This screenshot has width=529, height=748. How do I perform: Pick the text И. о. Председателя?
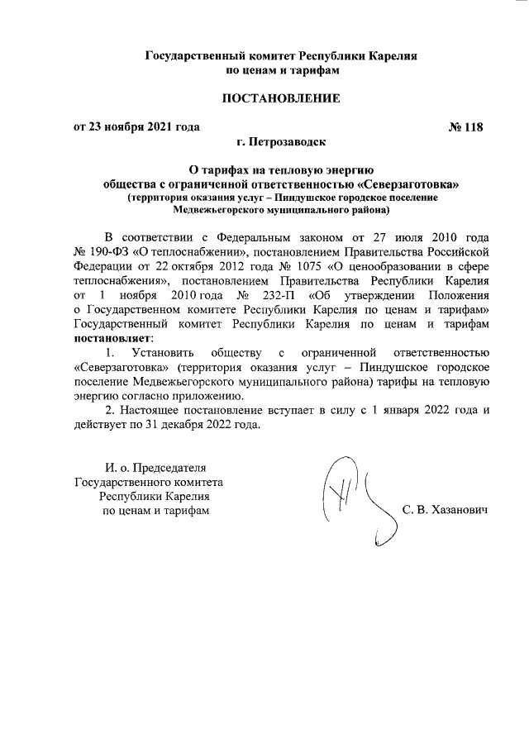[150, 468]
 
